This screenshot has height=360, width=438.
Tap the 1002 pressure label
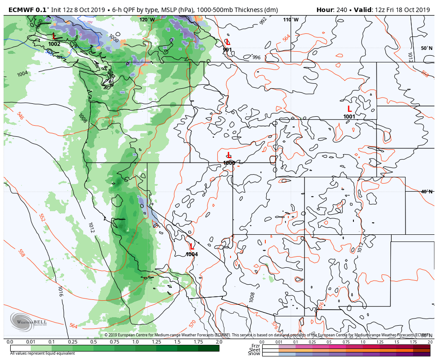pos(54,44)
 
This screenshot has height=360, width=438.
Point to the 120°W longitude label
pos(147,20)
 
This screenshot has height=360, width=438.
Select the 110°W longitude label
pos(291,20)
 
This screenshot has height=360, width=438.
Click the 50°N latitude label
pos(426,48)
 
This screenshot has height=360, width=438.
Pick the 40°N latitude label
pos(426,192)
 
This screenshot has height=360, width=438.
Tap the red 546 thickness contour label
pos(20,116)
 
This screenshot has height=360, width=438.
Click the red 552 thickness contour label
pos(42,217)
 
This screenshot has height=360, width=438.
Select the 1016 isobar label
pos(60,292)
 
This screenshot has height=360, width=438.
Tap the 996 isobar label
pos(256,57)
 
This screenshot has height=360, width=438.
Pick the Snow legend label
pos(254,354)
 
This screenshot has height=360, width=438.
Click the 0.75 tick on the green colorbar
pos(114,342)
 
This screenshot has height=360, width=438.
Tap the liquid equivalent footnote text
pos(42,353)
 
